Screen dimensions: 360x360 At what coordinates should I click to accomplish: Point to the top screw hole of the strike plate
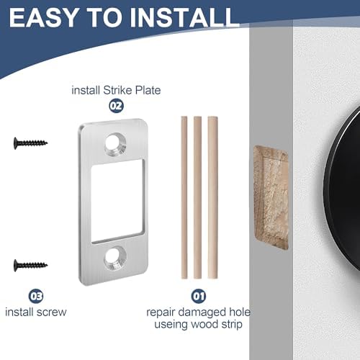114,143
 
